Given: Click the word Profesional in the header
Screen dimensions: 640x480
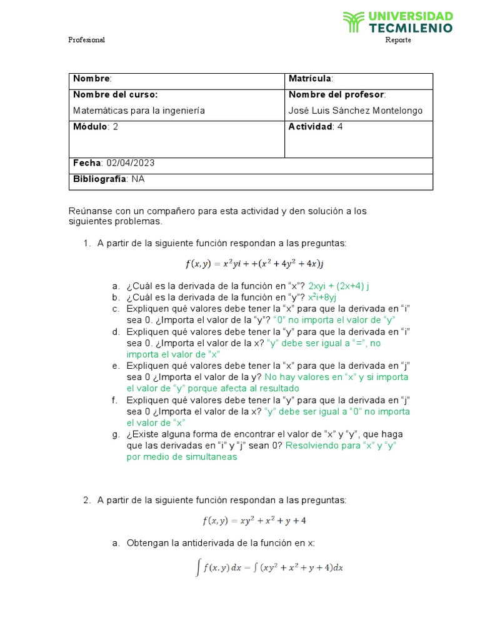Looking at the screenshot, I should pyautogui.click(x=86, y=40).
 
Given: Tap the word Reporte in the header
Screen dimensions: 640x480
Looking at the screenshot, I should pyautogui.click(x=398, y=40).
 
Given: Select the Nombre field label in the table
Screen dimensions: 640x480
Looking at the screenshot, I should pyautogui.click(x=92, y=79).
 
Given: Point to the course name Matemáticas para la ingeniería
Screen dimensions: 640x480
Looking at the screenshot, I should pyautogui.click(x=139, y=111).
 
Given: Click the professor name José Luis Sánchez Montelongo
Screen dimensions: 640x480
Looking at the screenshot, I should pyautogui.click(x=356, y=111).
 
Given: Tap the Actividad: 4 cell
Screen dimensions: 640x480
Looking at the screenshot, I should pyautogui.click(x=316, y=127).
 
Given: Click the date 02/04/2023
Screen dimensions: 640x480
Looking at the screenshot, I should pyautogui.click(x=131, y=163).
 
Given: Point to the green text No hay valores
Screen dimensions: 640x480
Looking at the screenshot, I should pyautogui.click(x=294, y=377).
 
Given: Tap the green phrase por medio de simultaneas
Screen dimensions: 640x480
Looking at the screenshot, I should pyautogui.click(x=182, y=457).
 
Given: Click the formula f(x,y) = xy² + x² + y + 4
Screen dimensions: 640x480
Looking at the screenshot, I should pyautogui.click(x=254, y=520).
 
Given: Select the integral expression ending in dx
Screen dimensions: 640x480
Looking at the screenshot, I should pyautogui.click(x=269, y=567).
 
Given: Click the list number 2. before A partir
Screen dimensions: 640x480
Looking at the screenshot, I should pyautogui.click(x=87, y=500).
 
